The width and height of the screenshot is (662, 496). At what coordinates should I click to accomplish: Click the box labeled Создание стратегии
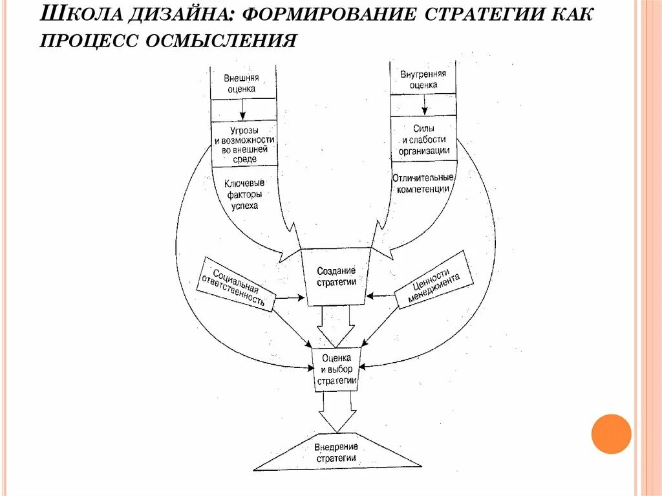(x=336, y=276)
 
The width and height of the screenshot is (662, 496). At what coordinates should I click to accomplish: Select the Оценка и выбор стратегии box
(x=336, y=369)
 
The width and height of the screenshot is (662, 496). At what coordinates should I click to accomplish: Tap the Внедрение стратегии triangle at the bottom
(x=336, y=452)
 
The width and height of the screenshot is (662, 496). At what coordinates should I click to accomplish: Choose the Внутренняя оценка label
(x=423, y=80)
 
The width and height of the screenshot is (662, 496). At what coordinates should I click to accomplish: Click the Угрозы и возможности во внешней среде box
(x=244, y=144)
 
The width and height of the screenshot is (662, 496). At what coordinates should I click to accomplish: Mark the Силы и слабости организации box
(x=423, y=140)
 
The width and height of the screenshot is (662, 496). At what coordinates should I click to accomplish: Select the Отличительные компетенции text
(x=423, y=183)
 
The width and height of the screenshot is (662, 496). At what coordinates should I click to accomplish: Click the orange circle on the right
(x=611, y=434)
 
